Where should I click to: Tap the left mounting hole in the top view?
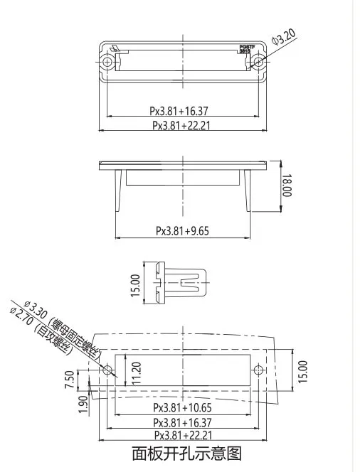[x=107, y=63]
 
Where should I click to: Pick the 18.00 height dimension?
[x=287, y=186]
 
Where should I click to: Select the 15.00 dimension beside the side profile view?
[x=134, y=285]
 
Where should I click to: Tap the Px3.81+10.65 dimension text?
[x=183, y=408]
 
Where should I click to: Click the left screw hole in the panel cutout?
[x=107, y=370]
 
